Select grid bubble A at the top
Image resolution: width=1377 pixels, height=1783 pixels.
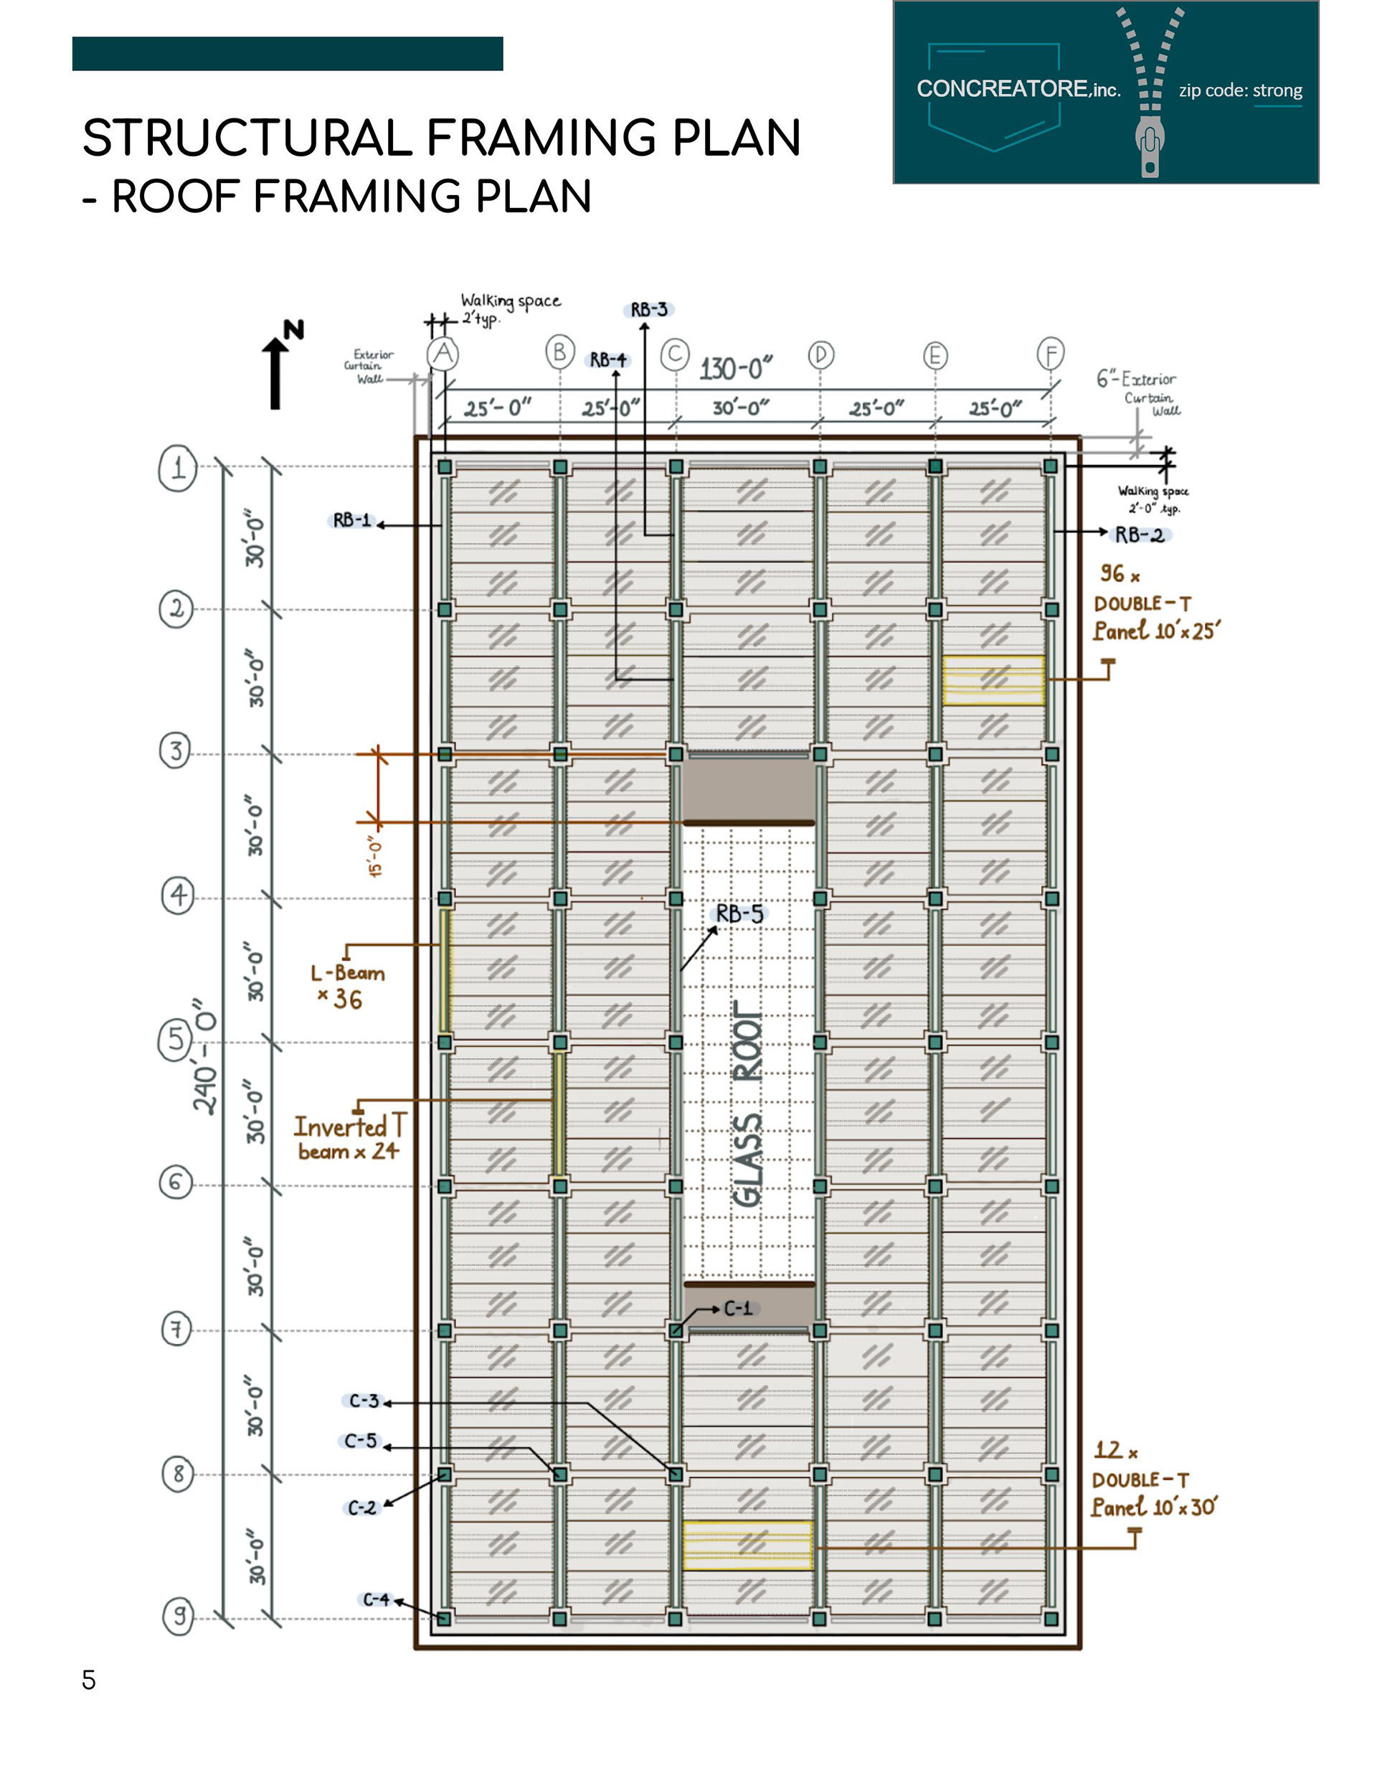tap(443, 354)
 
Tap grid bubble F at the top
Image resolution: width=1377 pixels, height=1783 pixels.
tap(1051, 354)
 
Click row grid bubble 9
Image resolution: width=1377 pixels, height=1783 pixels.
tap(179, 1615)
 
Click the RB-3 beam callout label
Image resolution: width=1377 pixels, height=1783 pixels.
tap(649, 310)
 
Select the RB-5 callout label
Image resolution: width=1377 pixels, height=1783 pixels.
tap(739, 913)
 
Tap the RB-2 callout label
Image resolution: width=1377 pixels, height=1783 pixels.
tap(1140, 535)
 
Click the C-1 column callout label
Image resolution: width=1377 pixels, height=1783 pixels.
tap(738, 1309)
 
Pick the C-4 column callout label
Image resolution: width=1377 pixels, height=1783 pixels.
tap(377, 1599)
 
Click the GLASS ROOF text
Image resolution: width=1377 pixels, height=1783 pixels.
tap(748, 1102)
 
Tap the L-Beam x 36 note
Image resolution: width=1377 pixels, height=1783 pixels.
tap(347, 985)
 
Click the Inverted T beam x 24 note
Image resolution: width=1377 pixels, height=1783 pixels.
tap(348, 1137)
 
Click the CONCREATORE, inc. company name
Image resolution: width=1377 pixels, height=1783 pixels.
tap(1018, 89)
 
